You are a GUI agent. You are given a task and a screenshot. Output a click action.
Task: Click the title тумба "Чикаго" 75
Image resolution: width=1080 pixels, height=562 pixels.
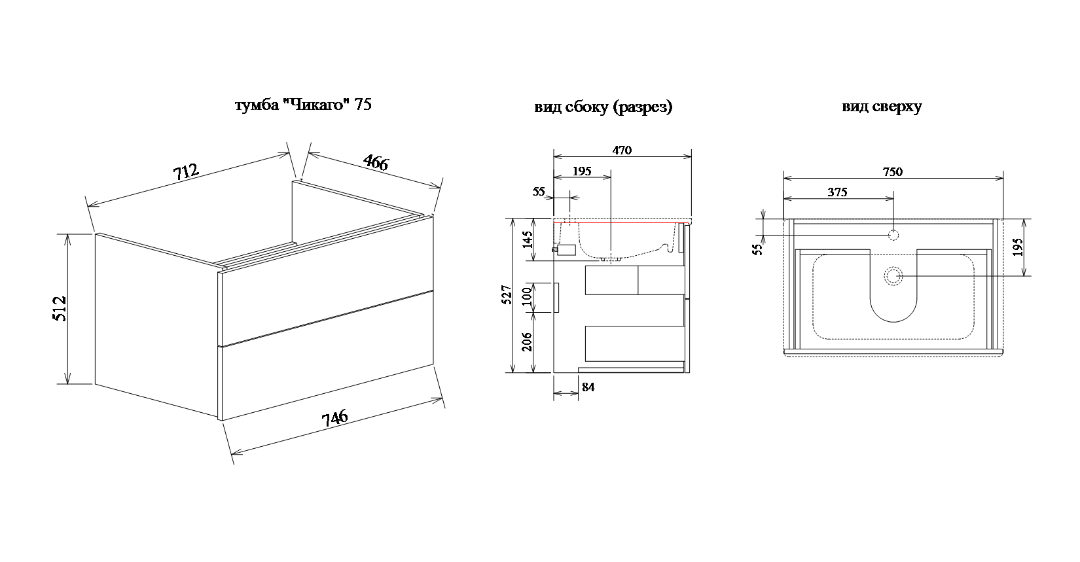pos(303,105)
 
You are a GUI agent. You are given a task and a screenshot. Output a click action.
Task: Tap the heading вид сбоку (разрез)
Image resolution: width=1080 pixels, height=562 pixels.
pos(603,107)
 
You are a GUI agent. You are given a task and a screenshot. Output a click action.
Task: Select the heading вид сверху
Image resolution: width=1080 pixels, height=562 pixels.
pos(882,107)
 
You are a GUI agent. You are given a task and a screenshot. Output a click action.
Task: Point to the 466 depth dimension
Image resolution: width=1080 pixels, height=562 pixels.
pos(376,162)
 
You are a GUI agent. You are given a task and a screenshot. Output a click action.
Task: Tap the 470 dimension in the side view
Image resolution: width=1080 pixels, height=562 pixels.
pos(622,150)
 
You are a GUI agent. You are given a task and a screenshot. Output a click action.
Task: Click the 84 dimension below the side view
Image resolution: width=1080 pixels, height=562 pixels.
pos(588,387)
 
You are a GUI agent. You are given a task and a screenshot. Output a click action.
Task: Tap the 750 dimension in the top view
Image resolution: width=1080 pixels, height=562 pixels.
pos(892,172)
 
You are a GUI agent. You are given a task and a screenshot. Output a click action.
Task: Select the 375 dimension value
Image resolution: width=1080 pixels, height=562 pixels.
pos(837,192)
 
